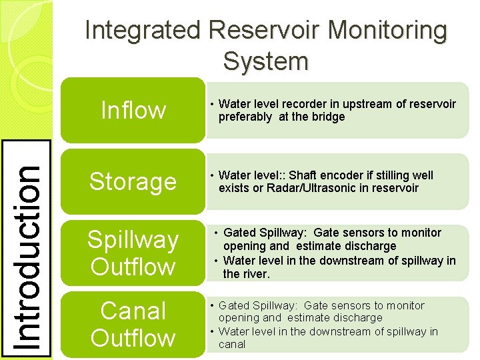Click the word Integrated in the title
pos(143,31)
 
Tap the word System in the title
pos(266,61)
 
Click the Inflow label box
pos(133,110)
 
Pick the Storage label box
pos(133,181)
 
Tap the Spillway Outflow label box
pos(133,253)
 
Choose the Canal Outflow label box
pos(133,324)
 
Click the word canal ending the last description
pos(232,345)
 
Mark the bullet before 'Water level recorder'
pos(211,104)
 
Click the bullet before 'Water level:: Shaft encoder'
pos(211,175)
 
